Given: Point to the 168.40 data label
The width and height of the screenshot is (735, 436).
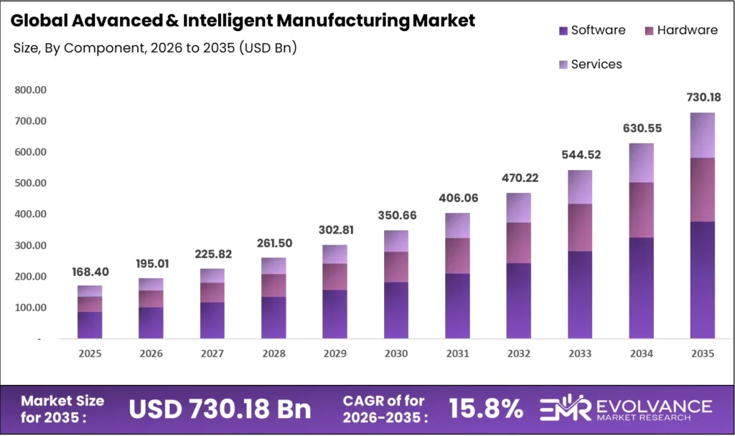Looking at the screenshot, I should tap(90, 272).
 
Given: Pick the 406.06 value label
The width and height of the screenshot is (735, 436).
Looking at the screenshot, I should tap(457, 198).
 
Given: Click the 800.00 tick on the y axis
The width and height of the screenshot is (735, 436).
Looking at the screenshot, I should tap(30, 90).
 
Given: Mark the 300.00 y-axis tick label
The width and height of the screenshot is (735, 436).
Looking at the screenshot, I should tap(30, 245).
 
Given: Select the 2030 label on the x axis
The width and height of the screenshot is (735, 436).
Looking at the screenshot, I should tap(395, 354).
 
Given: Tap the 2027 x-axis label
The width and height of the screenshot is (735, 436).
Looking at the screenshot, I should tap(212, 354).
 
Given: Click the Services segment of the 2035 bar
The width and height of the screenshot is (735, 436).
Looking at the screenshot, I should tap(702, 135).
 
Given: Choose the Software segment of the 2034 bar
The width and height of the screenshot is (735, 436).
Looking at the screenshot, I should tap(641, 288).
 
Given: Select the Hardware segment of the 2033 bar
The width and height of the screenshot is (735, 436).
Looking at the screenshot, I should tap(580, 227).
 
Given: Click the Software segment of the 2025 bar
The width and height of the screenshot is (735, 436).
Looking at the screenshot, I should tap(90, 325).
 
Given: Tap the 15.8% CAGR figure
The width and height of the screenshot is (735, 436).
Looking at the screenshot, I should tap(486, 409).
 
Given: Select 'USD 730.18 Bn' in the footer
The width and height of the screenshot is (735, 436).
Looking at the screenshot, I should tap(220, 409).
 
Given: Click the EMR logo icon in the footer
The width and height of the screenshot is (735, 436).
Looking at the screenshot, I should tap(564, 409).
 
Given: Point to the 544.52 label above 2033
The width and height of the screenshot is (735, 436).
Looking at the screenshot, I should tap(579, 155).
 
